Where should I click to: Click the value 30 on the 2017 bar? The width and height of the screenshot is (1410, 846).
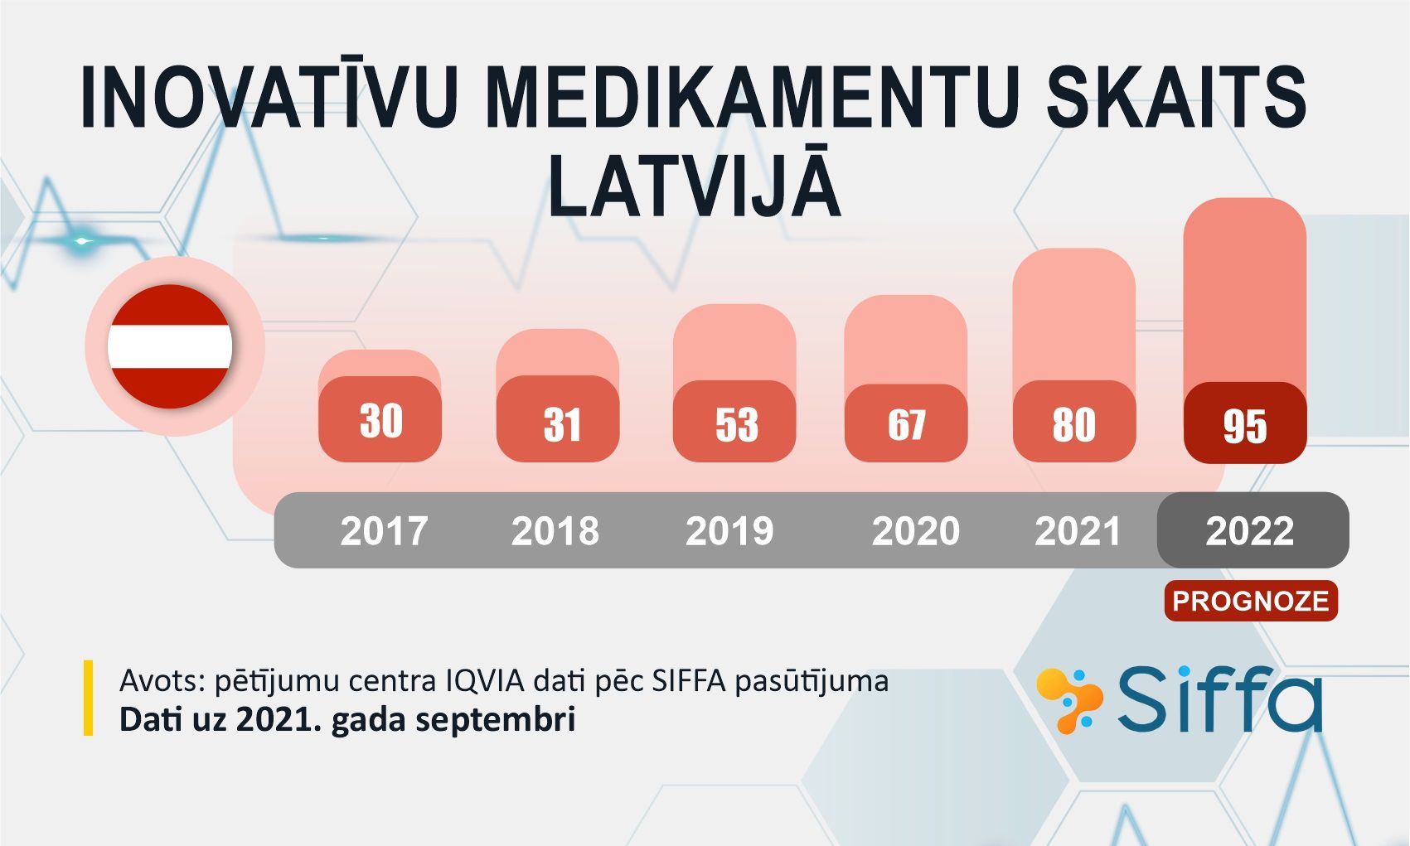(x=380, y=420)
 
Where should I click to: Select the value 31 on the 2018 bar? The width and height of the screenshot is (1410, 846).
(x=561, y=424)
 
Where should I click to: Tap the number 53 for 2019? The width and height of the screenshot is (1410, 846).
(x=736, y=424)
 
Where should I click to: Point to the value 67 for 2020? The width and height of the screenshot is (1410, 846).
(x=907, y=424)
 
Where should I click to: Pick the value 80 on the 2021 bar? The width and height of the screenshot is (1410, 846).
(x=1073, y=424)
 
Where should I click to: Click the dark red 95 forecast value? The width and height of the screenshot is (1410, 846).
(x=1244, y=427)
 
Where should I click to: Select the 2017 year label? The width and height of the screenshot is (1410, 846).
(x=384, y=531)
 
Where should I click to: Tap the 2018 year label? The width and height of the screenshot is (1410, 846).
(x=555, y=531)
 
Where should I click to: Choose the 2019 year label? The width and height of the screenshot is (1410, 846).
(x=729, y=531)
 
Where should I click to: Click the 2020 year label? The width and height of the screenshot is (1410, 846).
(x=916, y=531)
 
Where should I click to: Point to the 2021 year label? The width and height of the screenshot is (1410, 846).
(x=1078, y=531)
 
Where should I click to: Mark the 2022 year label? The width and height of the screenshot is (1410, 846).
(x=1249, y=531)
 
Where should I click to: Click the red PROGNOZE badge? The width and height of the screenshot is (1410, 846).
(x=1251, y=601)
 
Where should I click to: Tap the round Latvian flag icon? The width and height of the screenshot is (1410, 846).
(x=170, y=346)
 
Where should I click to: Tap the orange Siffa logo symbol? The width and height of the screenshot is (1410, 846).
(x=1069, y=701)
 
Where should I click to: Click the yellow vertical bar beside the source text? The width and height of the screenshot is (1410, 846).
(x=88, y=698)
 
